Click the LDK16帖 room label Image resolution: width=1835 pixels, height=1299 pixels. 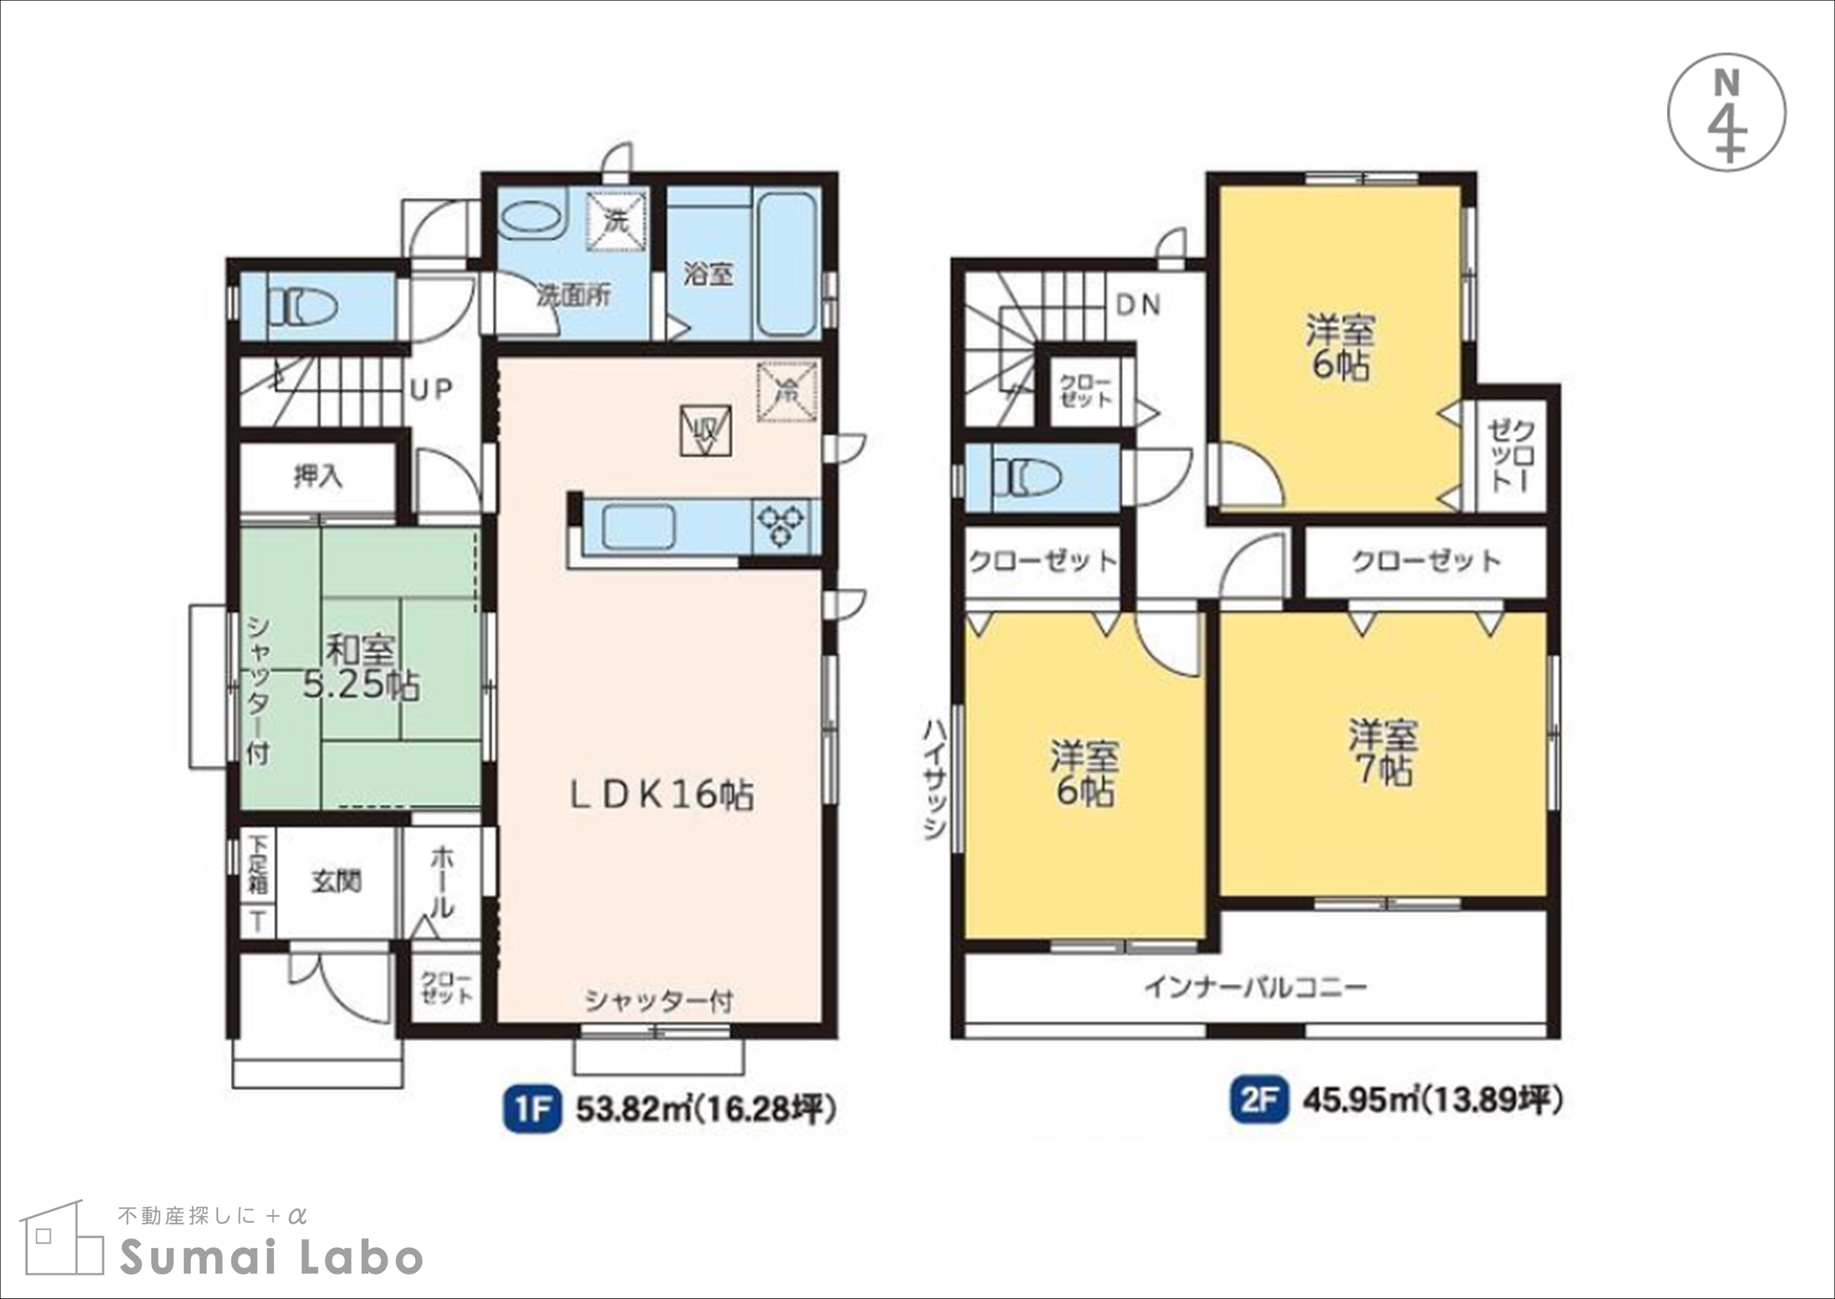click(661, 795)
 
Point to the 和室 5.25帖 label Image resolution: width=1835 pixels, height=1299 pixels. click(361, 668)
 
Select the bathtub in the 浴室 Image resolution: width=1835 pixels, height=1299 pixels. click(785, 265)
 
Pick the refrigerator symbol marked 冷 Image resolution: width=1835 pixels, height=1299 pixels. click(788, 390)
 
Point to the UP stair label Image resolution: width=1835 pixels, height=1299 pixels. click(432, 390)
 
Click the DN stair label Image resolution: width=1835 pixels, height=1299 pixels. click(1138, 305)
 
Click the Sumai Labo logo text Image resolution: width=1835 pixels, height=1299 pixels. click(271, 1257)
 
